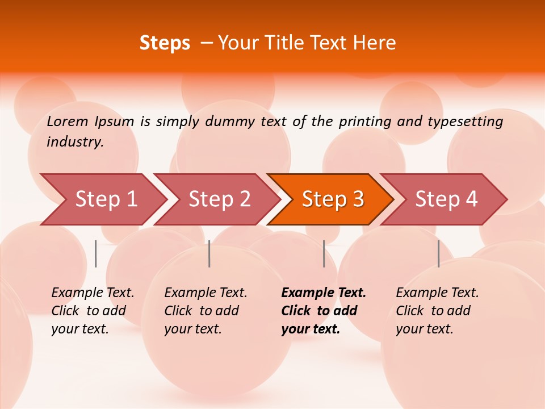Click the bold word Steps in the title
click(x=165, y=43)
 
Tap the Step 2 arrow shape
click(x=219, y=199)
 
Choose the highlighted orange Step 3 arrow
click(x=333, y=199)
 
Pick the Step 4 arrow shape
click(x=446, y=199)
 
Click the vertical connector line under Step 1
click(x=96, y=253)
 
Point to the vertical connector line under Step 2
click(x=209, y=253)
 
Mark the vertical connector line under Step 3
click(x=324, y=253)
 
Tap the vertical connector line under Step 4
click(x=439, y=253)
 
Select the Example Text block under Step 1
click(x=93, y=311)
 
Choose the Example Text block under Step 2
click(x=206, y=311)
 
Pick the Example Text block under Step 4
click(x=437, y=311)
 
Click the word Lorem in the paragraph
click(x=68, y=121)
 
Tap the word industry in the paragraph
click(x=75, y=141)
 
